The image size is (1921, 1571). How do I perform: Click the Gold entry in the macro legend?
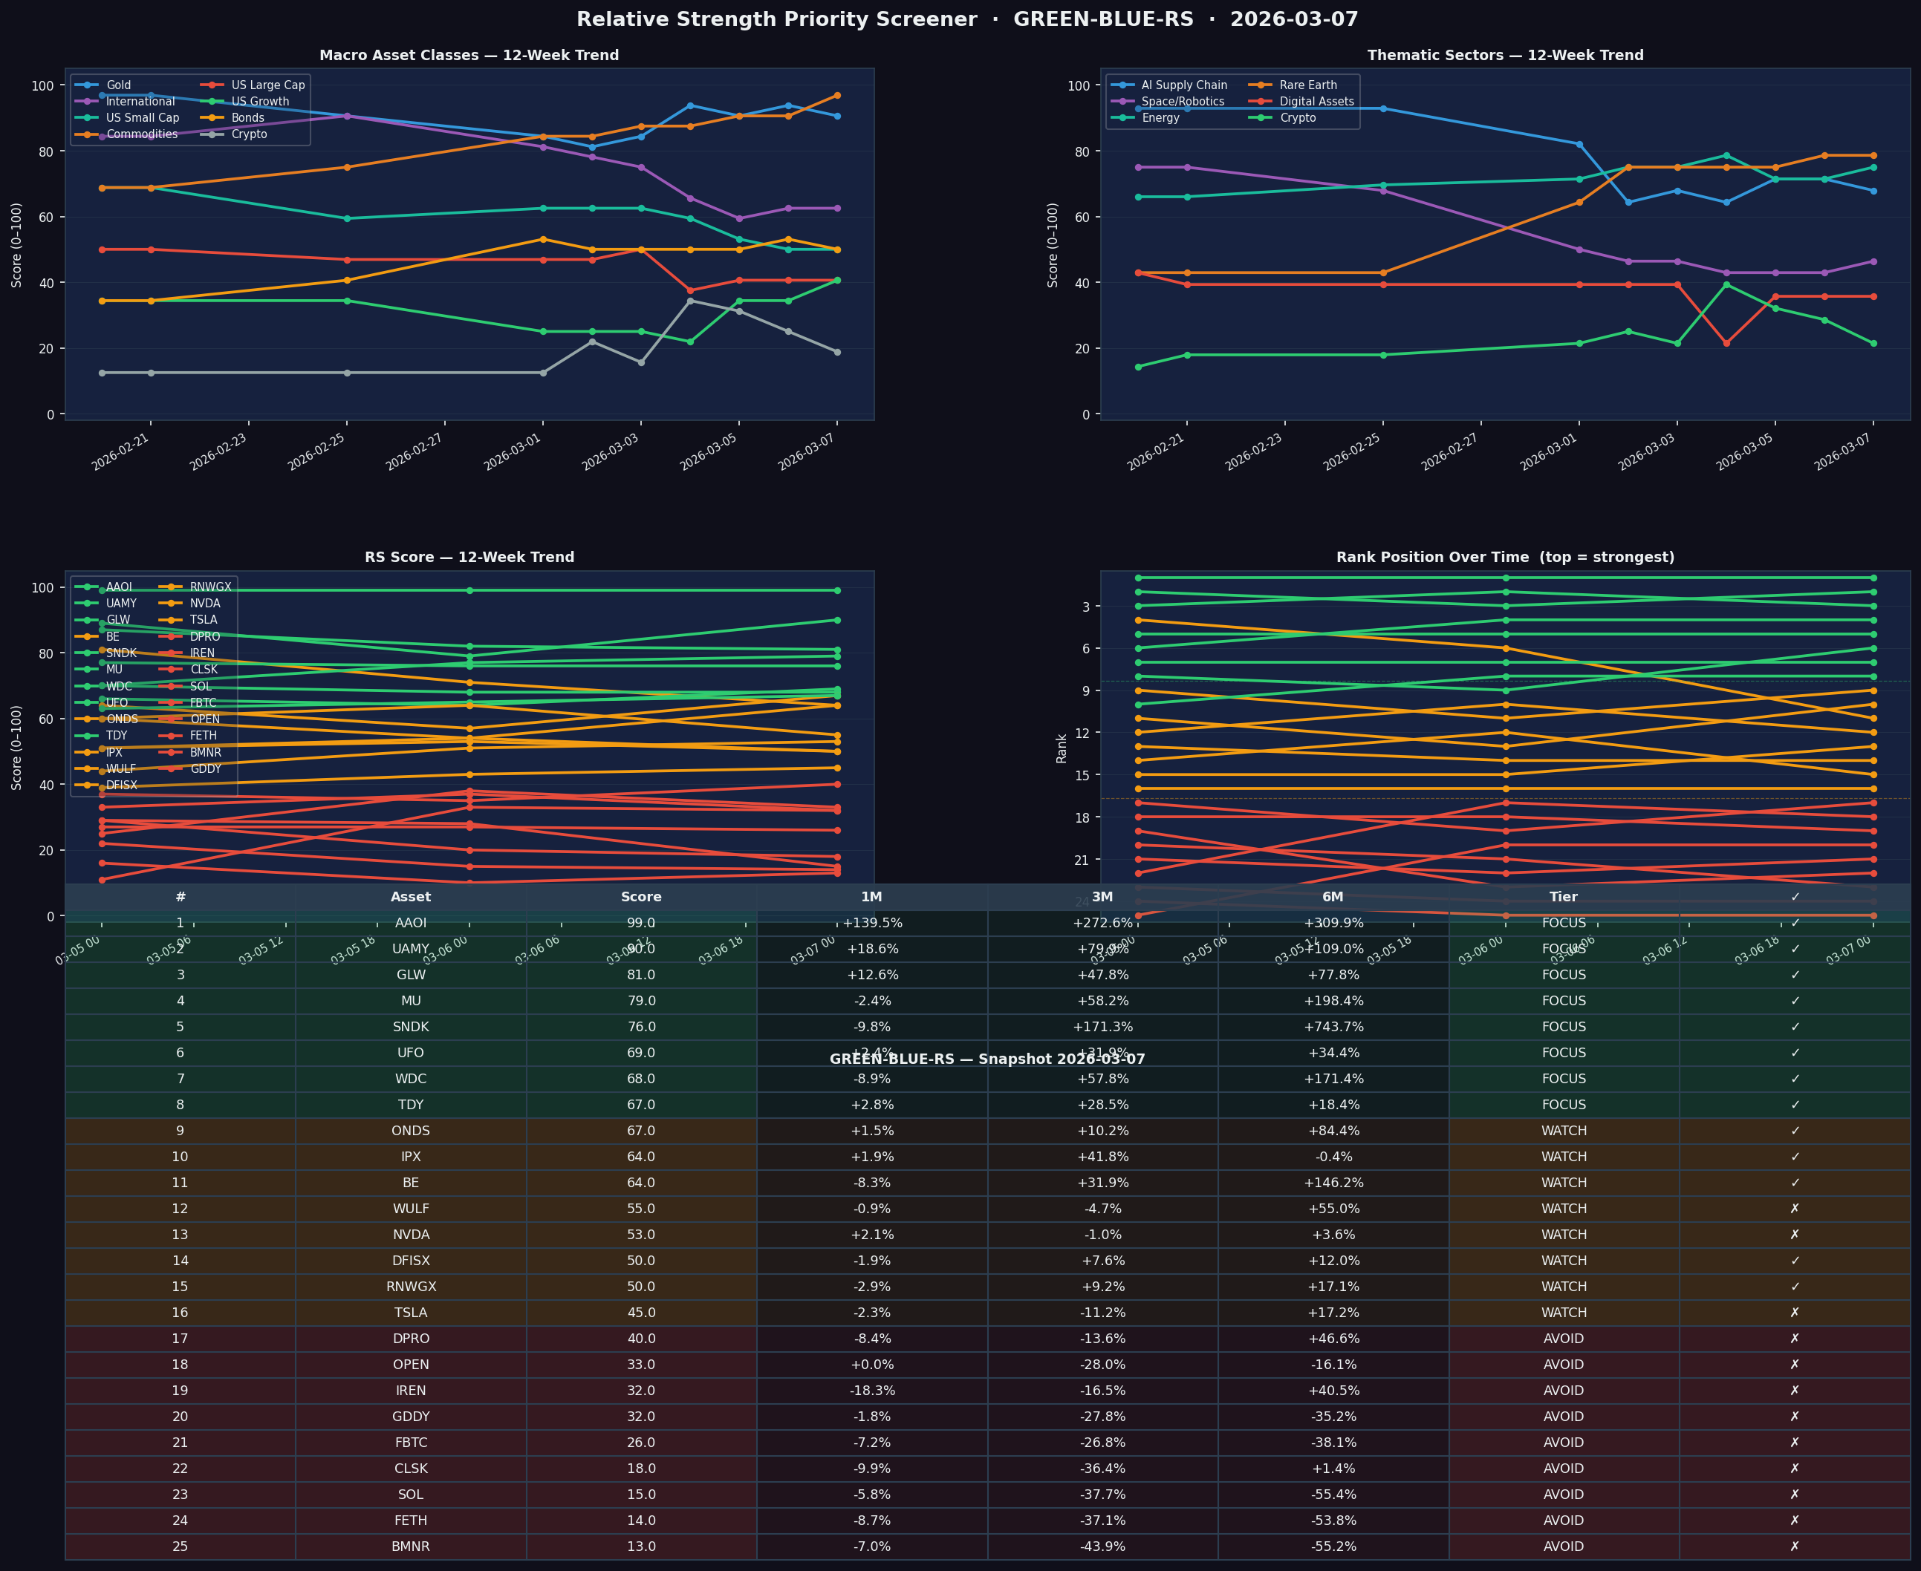tap(117, 85)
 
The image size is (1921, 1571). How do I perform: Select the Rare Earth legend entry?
tap(1307, 85)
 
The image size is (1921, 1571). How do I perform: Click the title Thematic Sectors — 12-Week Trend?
tap(1504, 55)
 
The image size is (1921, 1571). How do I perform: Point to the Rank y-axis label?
tap(1062, 748)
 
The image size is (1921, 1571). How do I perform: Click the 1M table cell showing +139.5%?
tap(872, 923)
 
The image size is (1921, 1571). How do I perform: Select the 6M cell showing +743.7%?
tap(1333, 1027)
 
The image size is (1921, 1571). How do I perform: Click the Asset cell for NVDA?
tap(410, 1235)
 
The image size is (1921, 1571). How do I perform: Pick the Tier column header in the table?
tap(1564, 897)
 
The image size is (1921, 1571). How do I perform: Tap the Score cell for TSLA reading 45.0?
tap(641, 1312)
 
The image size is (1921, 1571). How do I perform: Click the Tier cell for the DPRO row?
tap(1564, 1339)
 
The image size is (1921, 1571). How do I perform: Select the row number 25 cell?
tap(181, 1546)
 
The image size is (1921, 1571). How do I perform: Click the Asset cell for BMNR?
tap(410, 1546)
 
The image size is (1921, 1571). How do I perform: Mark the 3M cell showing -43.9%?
tap(1102, 1546)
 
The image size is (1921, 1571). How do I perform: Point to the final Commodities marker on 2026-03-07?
tap(836, 95)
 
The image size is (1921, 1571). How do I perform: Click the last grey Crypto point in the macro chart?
tap(836, 352)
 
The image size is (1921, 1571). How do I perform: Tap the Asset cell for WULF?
tap(410, 1209)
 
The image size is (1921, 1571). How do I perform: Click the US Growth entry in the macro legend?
tap(260, 102)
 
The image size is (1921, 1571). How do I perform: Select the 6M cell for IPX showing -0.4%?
tap(1333, 1157)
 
